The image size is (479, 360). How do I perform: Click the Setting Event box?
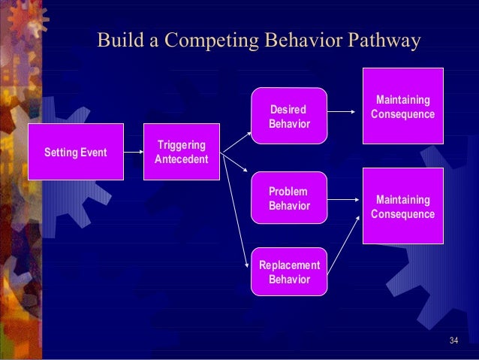coord(76,153)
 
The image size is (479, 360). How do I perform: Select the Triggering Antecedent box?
coord(182,153)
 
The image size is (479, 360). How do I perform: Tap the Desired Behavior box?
coord(289,116)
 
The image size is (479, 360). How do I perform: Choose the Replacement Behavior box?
coord(289,271)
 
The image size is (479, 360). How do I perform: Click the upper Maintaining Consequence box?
coord(403,106)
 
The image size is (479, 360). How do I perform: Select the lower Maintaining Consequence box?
coord(403,207)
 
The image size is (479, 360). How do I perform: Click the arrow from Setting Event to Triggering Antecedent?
coord(133,153)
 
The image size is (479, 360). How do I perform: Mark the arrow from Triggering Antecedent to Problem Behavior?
coord(236,166)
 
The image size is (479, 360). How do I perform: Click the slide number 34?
coord(453,342)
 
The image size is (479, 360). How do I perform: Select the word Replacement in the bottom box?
coord(289,265)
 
